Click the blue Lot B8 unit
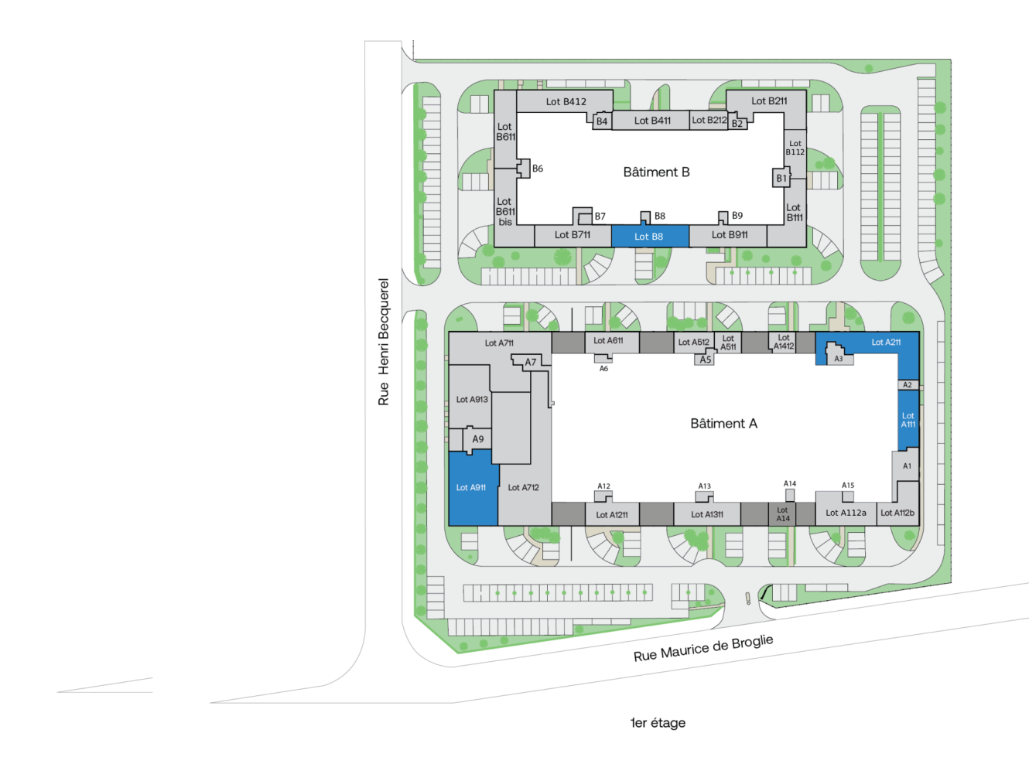[x=649, y=236]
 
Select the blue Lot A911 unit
[x=473, y=488]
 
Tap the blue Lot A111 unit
[x=908, y=420]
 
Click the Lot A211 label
[x=886, y=343]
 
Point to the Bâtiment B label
[x=656, y=172]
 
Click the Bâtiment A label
[x=723, y=423]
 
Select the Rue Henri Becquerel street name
[x=383, y=342]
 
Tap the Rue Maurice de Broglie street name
[x=703, y=648]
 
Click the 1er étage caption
[x=658, y=723]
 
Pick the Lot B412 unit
[x=565, y=101]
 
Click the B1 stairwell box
[x=781, y=178]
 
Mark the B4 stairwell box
[x=602, y=121]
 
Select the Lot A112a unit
[x=846, y=513]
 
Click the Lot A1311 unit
[x=706, y=514]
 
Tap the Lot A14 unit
[x=782, y=514]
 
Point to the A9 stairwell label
[x=478, y=439]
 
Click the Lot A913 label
[x=472, y=399]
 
